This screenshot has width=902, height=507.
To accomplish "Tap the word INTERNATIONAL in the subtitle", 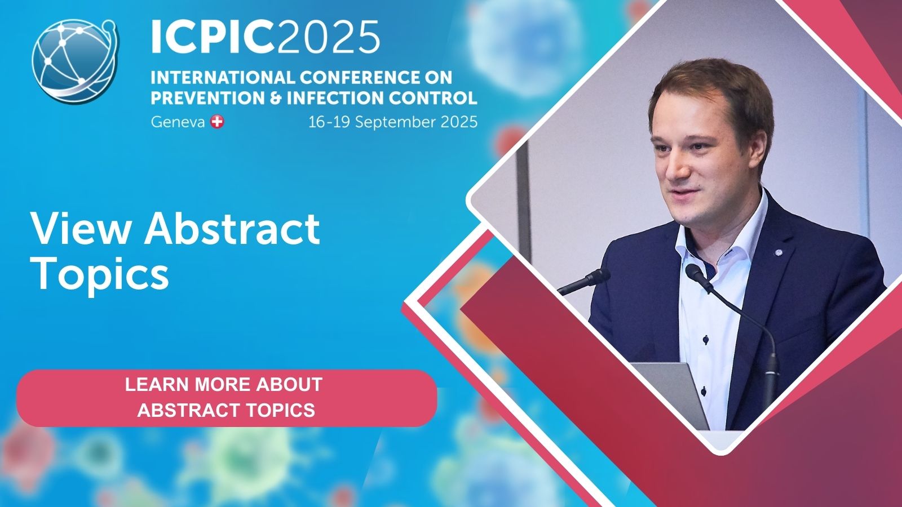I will click(x=222, y=77).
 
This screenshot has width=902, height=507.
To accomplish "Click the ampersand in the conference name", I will click(x=275, y=98).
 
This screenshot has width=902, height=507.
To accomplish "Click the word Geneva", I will click(x=178, y=122).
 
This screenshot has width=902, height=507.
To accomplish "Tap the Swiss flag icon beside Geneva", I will click(x=217, y=122).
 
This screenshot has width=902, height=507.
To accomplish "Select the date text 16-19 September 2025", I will click(x=392, y=122).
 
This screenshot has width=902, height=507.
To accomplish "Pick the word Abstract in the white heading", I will click(x=232, y=229).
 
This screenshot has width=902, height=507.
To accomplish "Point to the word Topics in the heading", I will click(x=101, y=274).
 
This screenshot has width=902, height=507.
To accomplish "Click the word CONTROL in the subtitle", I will click(x=432, y=98).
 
